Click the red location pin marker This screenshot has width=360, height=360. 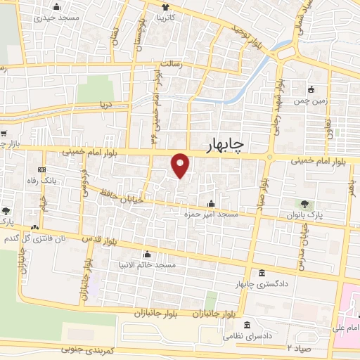pyautogui.click(x=181, y=165)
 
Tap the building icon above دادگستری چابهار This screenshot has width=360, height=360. pyautogui.click(x=262, y=274)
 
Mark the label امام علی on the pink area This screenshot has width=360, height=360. pyautogui.click(x=346, y=328)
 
